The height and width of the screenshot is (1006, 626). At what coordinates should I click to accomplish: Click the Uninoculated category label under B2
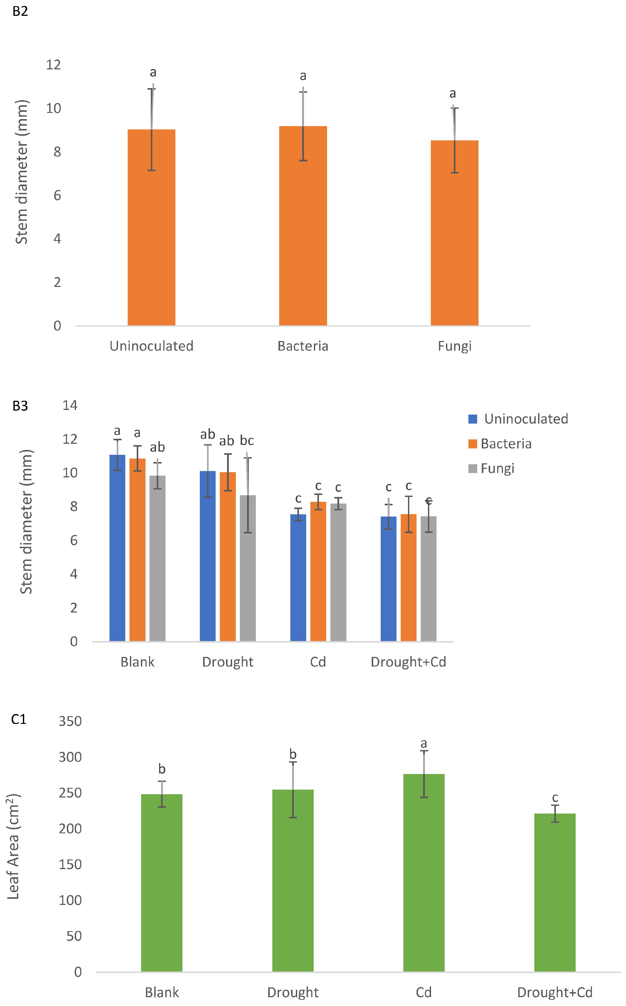coord(151,346)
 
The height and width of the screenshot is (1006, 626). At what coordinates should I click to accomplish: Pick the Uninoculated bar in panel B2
coord(151,228)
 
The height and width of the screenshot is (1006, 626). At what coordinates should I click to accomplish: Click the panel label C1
coord(19,720)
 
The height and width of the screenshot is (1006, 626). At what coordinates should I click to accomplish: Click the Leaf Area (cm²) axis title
coord(14,846)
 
